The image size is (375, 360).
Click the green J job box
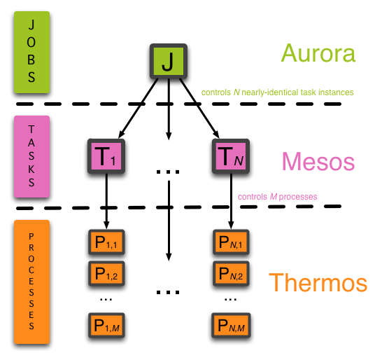[168, 62]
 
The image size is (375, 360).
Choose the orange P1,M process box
[106, 325]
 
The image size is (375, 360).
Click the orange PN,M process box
[231, 325]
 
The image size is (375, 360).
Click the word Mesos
[319, 162]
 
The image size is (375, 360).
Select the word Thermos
[318, 282]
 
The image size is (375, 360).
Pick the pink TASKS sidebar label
[31, 156]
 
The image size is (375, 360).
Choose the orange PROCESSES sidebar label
[31, 282]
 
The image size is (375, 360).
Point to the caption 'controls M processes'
[277, 197]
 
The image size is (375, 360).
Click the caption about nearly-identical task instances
[277, 92]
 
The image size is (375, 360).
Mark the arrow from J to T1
[138, 107]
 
